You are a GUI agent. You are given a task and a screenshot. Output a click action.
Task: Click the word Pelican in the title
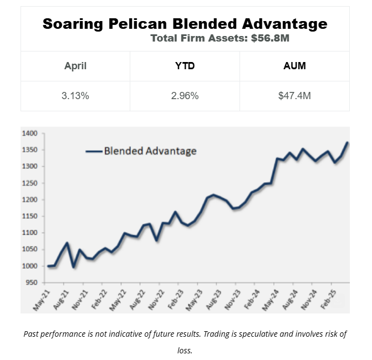click(x=137, y=24)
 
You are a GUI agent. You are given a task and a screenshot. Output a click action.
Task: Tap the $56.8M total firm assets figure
click(x=270, y=38)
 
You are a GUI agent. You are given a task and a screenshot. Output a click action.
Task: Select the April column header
click(x=75, y=66)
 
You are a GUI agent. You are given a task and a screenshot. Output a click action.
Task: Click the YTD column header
click(x=185, y=66)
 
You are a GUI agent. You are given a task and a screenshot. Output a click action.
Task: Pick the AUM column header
click(x=294, y=66)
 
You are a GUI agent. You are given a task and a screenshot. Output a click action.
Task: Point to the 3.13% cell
click(x=75, y=96)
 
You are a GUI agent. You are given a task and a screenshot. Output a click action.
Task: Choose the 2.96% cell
click(x=185, y=96)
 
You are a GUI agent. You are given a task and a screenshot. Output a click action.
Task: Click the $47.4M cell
click(x=294, y=96)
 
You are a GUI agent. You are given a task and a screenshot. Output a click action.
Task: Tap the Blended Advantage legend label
click(x=150, y=151)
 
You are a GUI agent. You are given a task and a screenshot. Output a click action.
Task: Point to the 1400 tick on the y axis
click(x=29, y=133)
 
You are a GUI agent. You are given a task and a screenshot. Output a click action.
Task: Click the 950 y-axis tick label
click(x=32, y=282)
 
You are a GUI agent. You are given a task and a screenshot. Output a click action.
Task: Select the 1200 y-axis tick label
click(x=29, y=200)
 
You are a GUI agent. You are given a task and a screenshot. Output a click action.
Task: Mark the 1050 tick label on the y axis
click(x=29, y=249)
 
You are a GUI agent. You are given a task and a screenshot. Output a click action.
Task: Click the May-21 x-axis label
click(x=41, y=301)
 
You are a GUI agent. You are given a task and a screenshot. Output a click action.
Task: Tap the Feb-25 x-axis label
click(x=328, y=300)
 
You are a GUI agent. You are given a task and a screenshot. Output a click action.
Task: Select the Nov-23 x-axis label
click(x=232, y=300)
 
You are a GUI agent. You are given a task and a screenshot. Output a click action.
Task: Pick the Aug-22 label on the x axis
click(x=137, y=300)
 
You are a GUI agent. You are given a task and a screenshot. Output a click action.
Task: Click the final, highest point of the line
click(x=347, y=143)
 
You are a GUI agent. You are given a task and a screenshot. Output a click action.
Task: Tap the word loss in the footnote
click(x=185, y=351)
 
